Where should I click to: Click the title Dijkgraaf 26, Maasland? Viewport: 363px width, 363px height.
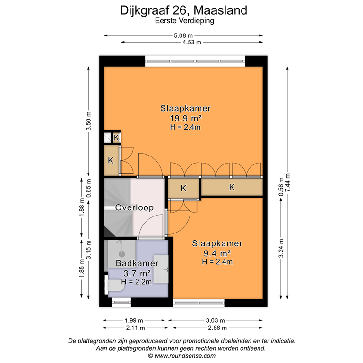coord(183,10)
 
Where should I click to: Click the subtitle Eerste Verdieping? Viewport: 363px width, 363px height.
coord(183,21)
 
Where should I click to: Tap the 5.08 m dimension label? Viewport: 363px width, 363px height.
coord(183,35)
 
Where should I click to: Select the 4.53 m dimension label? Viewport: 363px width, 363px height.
coord(192,42)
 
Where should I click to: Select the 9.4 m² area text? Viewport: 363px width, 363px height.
coord(217,253)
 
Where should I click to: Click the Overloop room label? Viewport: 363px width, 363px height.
coord(134,207)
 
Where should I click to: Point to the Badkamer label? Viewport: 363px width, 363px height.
coord(134,264)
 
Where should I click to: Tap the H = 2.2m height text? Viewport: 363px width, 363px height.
coord(137,282)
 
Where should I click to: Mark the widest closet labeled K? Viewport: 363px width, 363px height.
coord(232,188)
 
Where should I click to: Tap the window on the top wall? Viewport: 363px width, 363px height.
coord(195,60)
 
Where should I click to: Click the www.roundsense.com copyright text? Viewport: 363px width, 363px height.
coord(182,355)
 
